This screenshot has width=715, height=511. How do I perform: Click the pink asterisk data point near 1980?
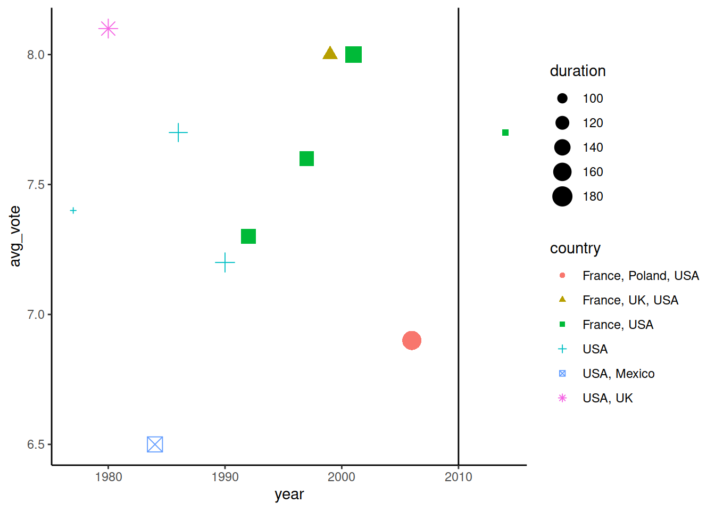point(108,29)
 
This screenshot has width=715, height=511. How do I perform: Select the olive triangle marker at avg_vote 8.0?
point(330,53)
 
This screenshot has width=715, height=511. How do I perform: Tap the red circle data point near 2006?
point(412,340)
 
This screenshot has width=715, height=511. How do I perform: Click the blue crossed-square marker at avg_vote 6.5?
point(155,444)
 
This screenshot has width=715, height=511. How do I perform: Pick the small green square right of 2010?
point(505,133)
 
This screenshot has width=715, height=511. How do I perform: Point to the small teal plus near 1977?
point(73,211)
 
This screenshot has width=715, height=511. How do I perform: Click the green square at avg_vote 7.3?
point(248,236)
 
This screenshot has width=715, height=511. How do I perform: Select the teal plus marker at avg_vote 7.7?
point(178,133)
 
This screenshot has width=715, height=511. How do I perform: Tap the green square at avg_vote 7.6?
point(306,159)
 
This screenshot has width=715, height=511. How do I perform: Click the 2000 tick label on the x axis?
point(342,477)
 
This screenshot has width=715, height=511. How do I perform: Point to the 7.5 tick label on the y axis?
point(36,185)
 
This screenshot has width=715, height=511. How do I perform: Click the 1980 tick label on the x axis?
point(109,477)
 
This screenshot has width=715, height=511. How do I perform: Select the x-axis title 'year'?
point(289,494)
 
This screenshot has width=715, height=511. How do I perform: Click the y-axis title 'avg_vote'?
point(15,236)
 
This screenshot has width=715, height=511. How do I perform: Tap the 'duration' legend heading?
point(578,71)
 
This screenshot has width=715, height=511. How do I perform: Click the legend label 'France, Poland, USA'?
point(641,276)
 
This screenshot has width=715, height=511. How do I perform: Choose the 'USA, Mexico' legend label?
point(618,374)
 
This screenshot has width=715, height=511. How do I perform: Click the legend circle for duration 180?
point(562,196)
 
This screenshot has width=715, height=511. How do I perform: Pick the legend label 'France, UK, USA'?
point(630,300)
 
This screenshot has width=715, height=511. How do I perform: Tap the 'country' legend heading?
point(575,249)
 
